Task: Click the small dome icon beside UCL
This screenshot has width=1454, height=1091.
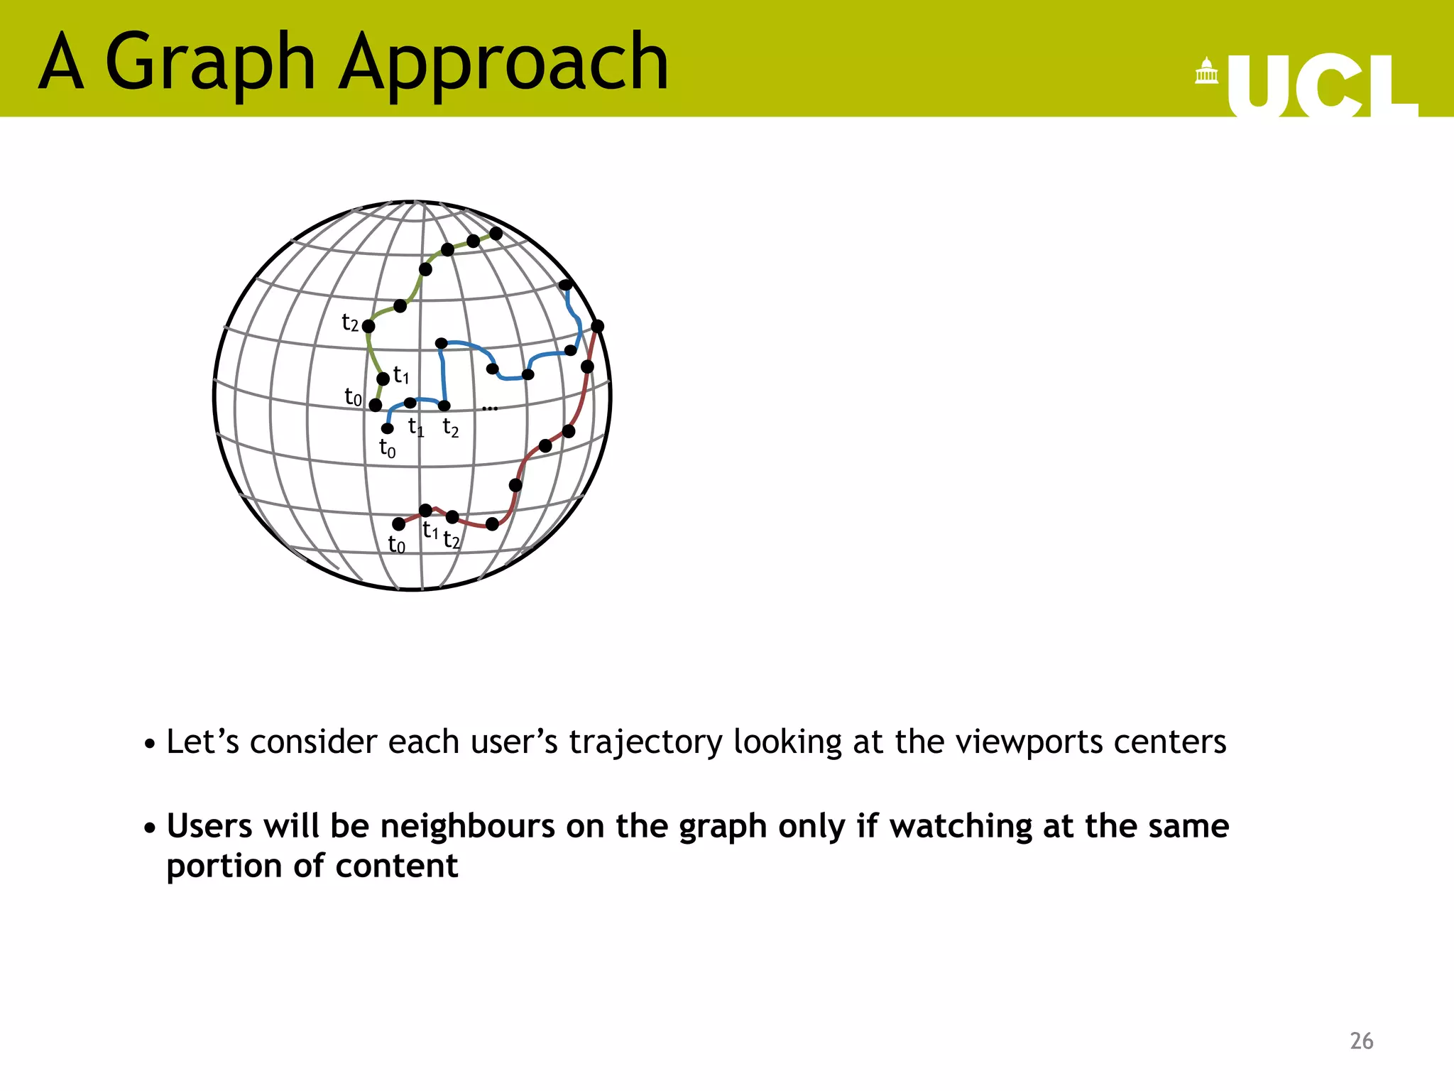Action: coord(1206,71)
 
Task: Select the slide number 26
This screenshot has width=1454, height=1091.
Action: coord(1361,1041)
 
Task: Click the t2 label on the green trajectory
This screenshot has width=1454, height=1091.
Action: coord(350,322)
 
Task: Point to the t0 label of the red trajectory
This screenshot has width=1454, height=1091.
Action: coord(396,545)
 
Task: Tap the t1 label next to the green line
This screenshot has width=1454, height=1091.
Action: coord(401,374)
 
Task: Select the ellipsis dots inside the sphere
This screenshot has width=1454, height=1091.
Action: coord(490,408)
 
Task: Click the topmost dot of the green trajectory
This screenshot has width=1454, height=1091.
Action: coord(496,233)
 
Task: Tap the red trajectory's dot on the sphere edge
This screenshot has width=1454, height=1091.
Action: coord(598,326)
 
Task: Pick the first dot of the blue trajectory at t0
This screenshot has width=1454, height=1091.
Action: coord(388,428)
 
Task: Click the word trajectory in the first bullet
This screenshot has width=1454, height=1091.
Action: coord(645,742)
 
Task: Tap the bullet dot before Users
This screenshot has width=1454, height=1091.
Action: coord(150,828)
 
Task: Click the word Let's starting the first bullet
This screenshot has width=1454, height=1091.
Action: coord(202,742)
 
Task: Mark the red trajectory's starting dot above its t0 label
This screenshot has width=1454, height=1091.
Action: coord(399,524)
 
